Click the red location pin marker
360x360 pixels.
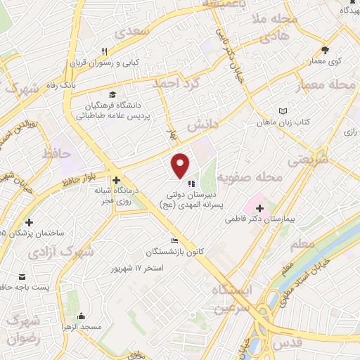pos(181,165)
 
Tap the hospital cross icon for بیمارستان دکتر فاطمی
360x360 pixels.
pos(261,209)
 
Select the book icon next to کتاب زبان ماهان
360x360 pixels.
pos(283,112)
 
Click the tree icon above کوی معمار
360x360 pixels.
pos(325,50)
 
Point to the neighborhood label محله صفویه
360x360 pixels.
pos(250,176)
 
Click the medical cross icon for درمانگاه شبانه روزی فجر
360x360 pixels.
pos(116,181)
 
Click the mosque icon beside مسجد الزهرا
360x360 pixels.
pos(81,316)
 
